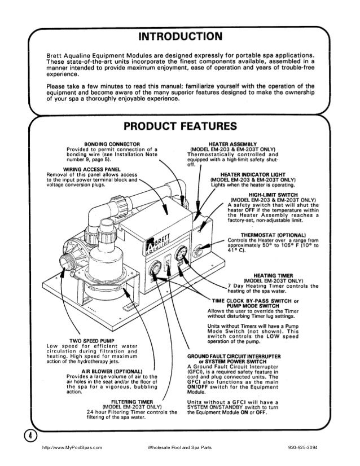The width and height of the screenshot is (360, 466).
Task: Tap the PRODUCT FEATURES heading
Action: (180, 125)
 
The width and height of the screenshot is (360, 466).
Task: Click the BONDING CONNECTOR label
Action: (111, 143)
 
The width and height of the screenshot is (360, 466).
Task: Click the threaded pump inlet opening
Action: (64, 262)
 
